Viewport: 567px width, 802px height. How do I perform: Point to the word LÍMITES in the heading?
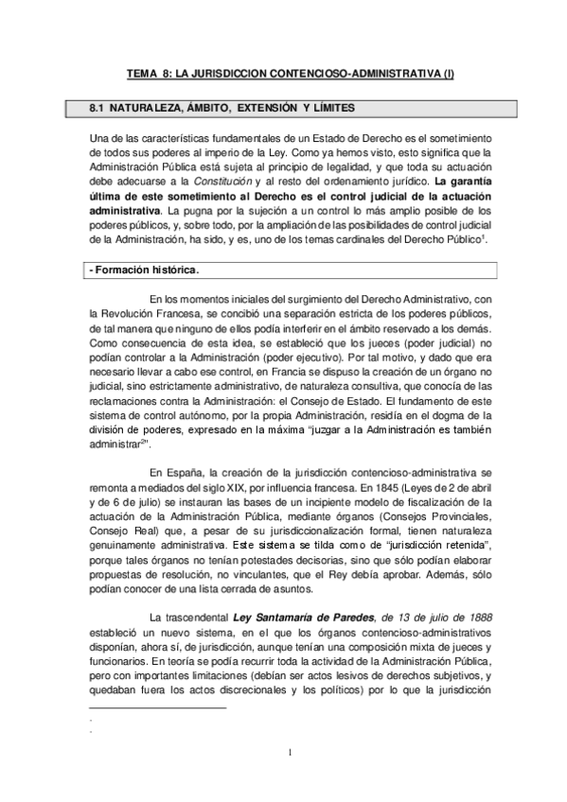click(334, 109)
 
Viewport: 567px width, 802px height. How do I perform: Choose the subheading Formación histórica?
click(145, 270)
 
